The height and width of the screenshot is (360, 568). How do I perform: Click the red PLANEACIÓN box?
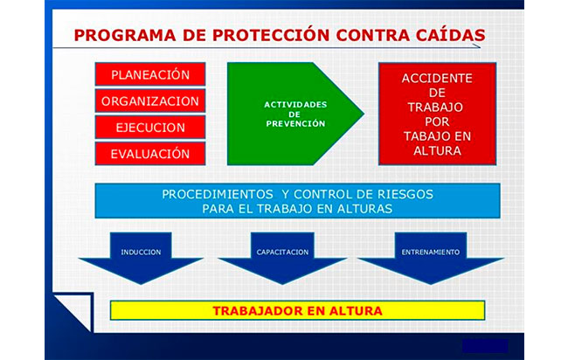[150, 74]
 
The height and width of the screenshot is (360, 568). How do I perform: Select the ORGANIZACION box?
[150, 100]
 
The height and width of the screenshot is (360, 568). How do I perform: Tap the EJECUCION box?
[150, 127]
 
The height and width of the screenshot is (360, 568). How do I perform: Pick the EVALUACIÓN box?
[150, 154]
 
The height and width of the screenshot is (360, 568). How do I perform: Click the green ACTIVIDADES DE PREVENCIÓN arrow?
[286, 114]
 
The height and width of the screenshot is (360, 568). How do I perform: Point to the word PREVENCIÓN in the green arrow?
[295, 124]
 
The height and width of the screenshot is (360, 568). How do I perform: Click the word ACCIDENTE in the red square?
[437, 79]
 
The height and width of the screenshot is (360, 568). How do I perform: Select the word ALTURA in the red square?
[437, 150]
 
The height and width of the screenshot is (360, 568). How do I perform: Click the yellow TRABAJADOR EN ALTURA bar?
[297, 310]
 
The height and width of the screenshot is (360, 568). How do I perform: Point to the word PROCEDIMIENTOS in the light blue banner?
[218, 195]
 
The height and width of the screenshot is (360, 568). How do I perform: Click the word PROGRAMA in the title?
[125, 36]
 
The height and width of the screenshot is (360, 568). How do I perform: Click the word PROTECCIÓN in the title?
[271, 35]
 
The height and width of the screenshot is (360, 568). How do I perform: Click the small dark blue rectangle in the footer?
[485, 346]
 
